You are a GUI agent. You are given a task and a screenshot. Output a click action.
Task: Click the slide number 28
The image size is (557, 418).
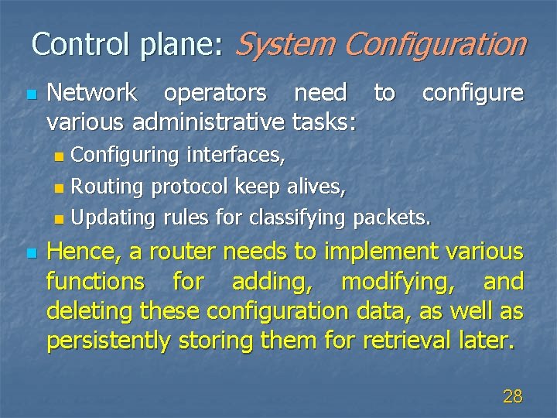512,397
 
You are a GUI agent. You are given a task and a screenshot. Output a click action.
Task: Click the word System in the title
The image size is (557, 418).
283,44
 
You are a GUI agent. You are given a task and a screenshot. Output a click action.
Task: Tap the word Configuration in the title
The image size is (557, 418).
435,44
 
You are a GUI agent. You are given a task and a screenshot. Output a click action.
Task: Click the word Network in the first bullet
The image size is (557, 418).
92,94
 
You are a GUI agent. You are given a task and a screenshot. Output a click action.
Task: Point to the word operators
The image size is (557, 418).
216,94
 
